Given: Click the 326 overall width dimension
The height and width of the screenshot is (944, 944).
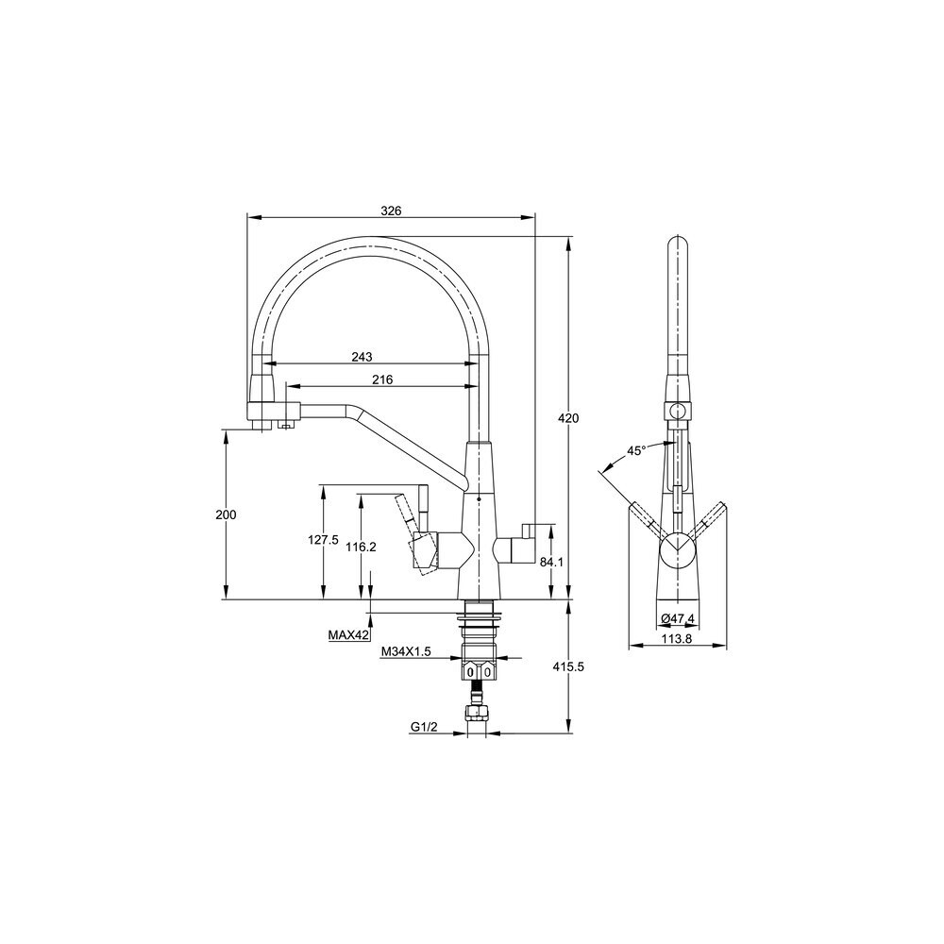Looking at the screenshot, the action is coord(391,211).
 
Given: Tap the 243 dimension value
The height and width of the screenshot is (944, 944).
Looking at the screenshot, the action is coord(362,357).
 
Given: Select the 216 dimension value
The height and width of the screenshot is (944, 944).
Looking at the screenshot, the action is coord(382,379).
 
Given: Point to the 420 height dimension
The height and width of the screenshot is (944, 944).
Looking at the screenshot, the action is coord(568,418).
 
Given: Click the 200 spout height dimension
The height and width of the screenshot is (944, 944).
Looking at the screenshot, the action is coord(226,514).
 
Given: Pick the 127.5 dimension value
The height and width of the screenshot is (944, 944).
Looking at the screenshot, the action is coord(323,540).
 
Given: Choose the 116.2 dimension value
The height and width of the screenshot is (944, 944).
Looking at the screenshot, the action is coord(362,547).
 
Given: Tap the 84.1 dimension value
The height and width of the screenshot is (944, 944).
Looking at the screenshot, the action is coord(551,562).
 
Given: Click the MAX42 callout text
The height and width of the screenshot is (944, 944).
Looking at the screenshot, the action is coord(348,634).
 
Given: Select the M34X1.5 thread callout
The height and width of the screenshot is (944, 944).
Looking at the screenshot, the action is coord(406,650).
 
